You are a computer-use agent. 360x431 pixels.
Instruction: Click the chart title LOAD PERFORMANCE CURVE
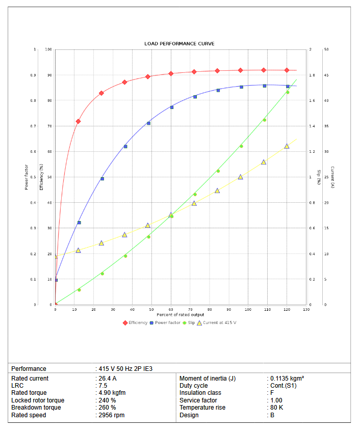click(179, 44)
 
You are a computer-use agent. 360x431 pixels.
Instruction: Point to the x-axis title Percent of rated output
click(181, 314)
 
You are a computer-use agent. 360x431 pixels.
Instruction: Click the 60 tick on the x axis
click(171, 309)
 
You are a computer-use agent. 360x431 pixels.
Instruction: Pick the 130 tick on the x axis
click(306, 309)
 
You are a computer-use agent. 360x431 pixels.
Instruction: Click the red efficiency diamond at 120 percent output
click(287, 70)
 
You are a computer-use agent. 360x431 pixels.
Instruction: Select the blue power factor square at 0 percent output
click(56, 280)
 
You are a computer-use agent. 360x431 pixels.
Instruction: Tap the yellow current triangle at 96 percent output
click(240, 177)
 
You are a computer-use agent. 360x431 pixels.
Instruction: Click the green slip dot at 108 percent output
click(264, 120)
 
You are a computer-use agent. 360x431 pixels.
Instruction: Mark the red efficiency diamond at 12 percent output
click(78, 121)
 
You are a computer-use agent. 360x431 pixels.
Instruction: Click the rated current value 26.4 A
click(107, 379)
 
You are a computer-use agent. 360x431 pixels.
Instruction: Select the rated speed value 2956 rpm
click(112, 415)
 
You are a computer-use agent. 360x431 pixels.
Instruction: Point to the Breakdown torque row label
click(36, 408)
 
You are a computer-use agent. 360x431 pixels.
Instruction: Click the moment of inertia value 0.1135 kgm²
click(287, 379)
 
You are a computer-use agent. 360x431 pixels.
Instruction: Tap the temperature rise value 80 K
click(277, 408)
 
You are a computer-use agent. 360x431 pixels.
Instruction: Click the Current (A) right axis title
click(332, 177)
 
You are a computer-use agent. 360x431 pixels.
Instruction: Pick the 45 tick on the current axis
click(326, 75)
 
